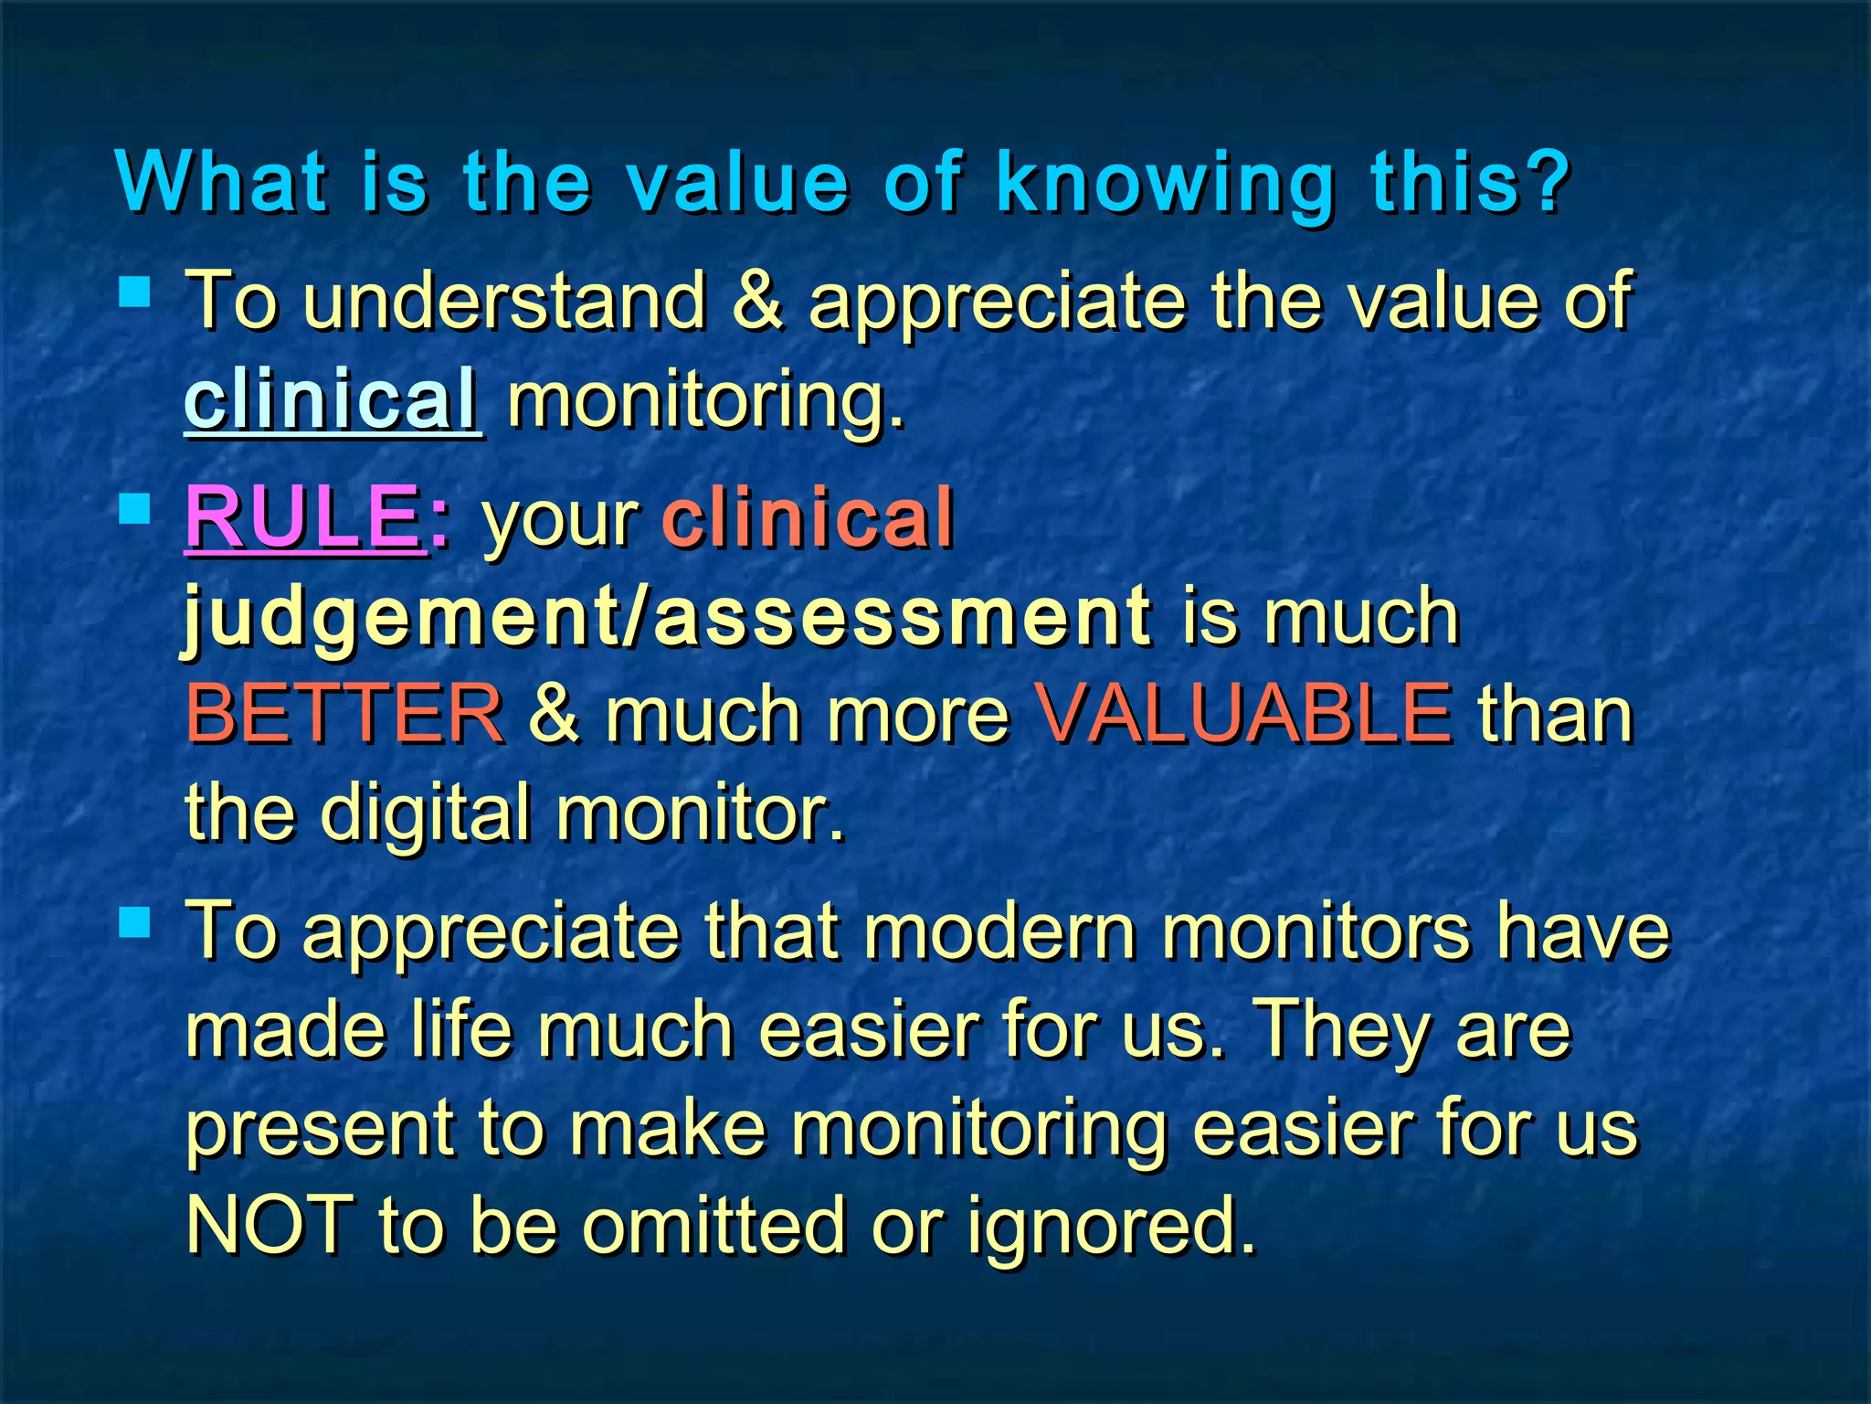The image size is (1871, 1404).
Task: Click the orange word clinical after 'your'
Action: pyautogui.click(x=808, y=517)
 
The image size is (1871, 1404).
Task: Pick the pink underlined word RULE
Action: pyautogui.click(x=303, y=517)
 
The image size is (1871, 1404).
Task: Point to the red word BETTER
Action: pyautogui.click(x=344, y=714)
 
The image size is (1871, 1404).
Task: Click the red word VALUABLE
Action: pyautogui.click(x=1243, y=714)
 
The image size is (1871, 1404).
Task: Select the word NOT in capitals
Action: pyautogui.click(x=270, y=1225)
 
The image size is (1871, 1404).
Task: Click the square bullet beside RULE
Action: pyautogui.click(x=134, y=508)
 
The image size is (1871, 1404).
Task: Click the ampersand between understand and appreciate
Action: pyautogui.click(x=757, y=301)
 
